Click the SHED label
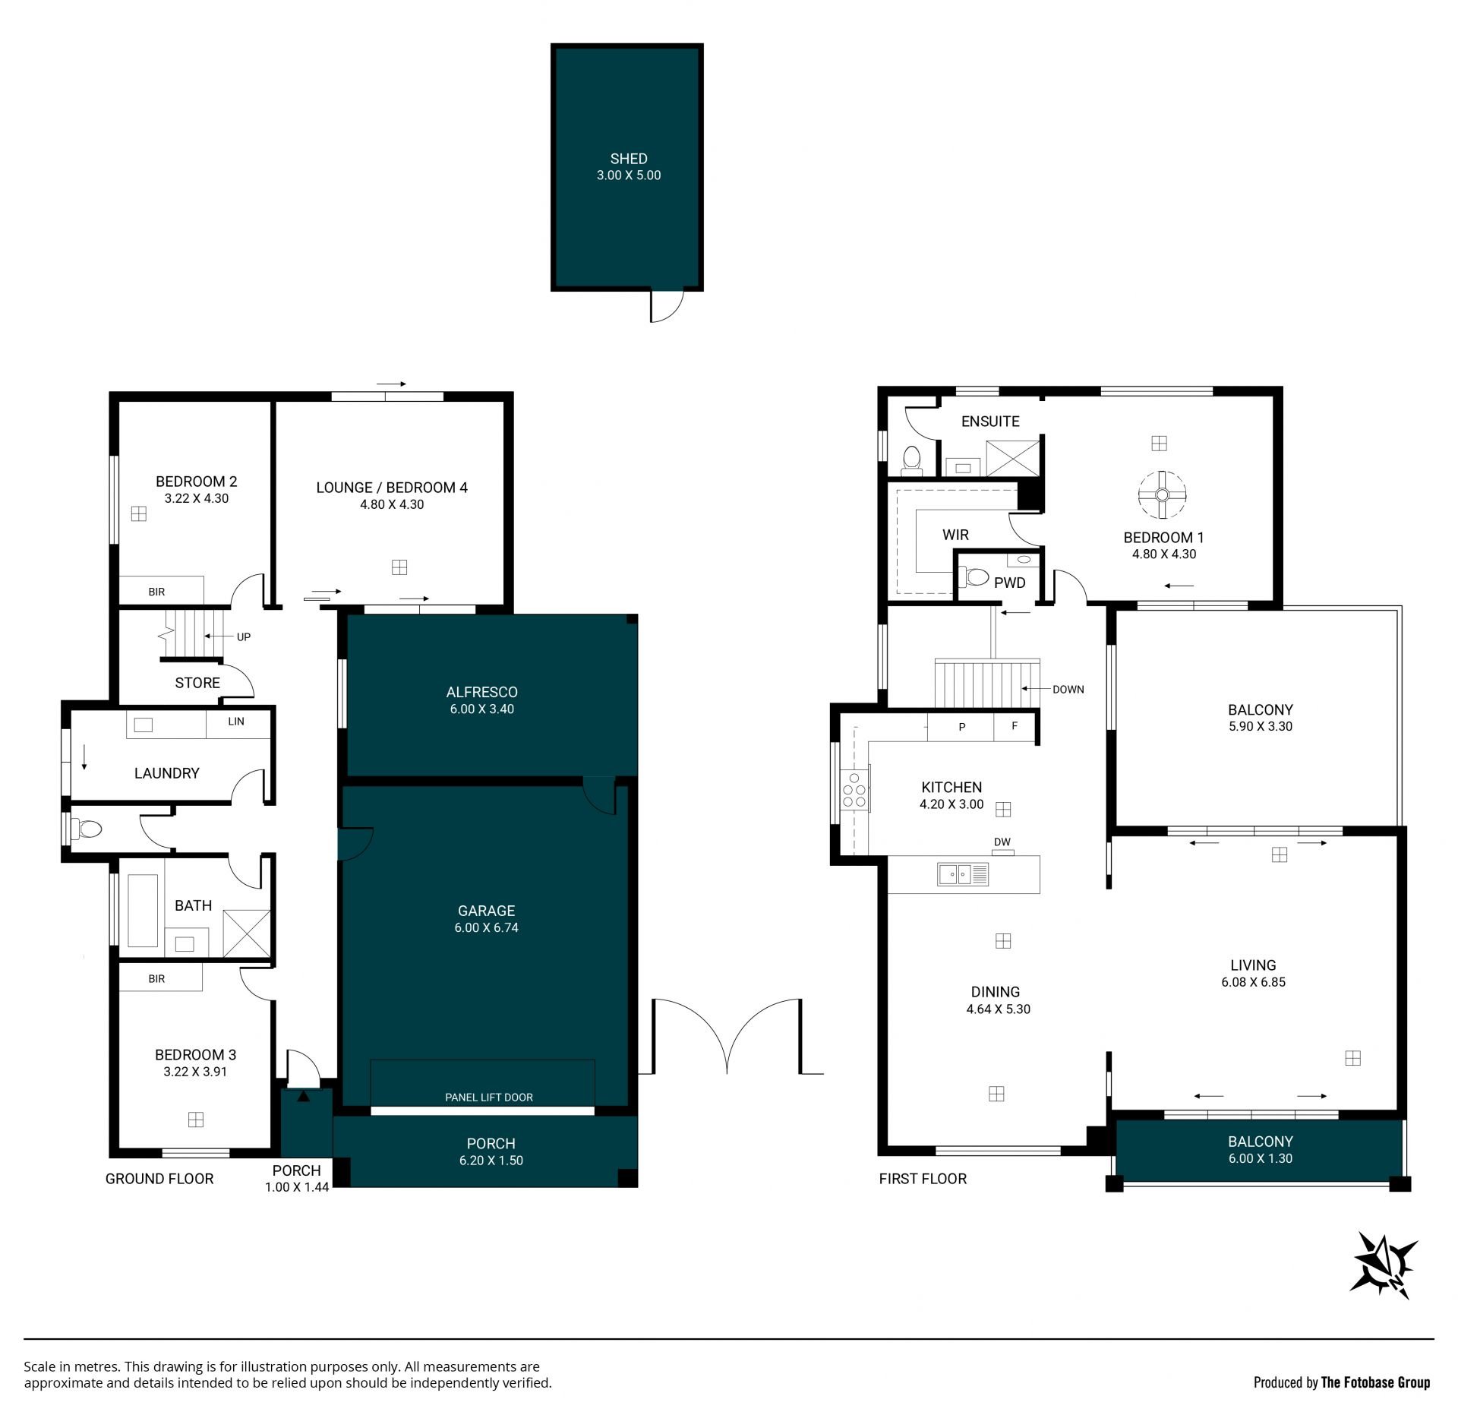[x=629, y=159]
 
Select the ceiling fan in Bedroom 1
[x=1161, y=495]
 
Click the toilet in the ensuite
[x=911, y=460]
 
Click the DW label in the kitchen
[x=1002, y=842]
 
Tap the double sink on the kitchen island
[x=963, y=875]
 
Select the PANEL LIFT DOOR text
[x=489, y=1098]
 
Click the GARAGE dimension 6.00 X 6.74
[x=486, y=927]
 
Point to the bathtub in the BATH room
[x=143, y=911]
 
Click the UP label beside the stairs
[x=244, y=637]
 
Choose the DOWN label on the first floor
[x=1068, y=690]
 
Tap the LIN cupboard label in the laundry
[x=236, y=722]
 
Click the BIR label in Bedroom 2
[x=156, y=592]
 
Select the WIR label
[x=955, y=535]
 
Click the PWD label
[x=1010, y=583]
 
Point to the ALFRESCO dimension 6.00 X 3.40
[x=482, y=709]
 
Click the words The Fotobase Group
[x=1375, y=1382]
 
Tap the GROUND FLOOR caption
[x=159, y=1179]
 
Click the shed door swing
[x=667, y=306]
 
